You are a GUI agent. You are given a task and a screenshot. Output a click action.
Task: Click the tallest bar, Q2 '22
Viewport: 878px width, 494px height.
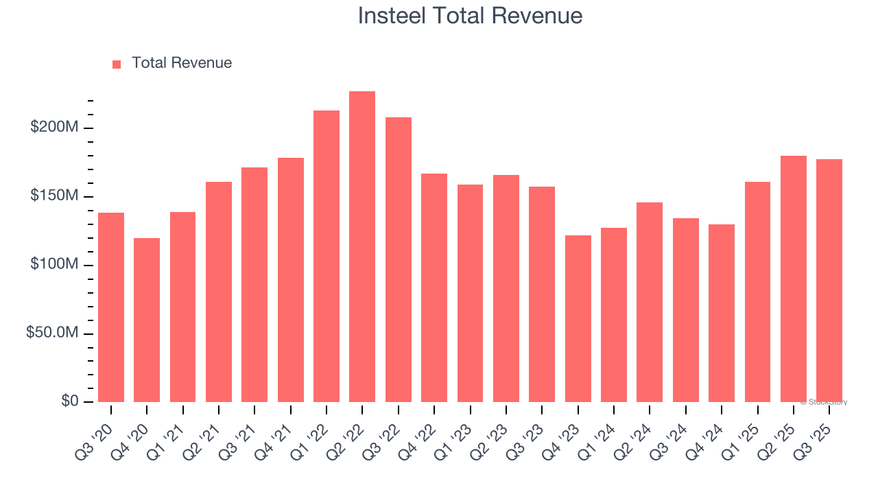click(x=362, y=247)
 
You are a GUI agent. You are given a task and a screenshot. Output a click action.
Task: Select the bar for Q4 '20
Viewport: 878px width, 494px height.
click(x=147, y=320)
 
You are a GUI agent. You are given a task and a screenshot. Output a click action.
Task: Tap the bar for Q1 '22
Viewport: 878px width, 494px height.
click(x=327, y=256)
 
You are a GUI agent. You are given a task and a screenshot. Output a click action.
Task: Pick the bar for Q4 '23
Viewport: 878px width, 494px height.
click(x=578, y=318)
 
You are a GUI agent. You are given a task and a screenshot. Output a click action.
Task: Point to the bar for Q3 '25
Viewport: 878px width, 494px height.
click(x=829, y=281)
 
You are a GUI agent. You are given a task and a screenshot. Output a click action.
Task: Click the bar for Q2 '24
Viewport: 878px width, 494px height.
click(x=650, y=302)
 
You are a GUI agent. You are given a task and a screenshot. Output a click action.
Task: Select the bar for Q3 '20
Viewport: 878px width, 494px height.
click(x=111, y=307)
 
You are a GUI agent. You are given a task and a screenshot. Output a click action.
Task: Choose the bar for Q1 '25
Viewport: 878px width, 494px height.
click(x=757, y=292)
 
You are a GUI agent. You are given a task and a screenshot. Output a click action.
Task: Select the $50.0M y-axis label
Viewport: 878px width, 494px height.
click(x=52, y=333)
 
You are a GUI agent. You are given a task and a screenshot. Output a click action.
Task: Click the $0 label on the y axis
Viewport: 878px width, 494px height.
click(x=69, y=401)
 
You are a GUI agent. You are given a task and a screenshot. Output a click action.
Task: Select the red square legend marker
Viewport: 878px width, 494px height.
click(x=117, y=64)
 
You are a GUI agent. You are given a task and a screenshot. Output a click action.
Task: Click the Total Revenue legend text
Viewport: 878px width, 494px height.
click(x=182, y=63)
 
